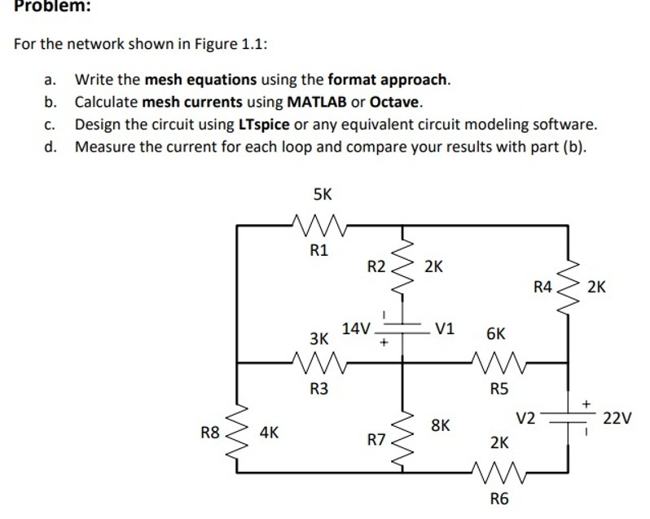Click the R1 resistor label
coord(319,250)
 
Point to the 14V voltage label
coord(357,328)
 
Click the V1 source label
coord(445,329)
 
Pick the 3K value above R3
coord(319,337)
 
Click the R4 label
coord(542,286)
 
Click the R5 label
coord(499,389)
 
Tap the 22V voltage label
coord(617,419)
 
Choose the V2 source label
coord(526,419)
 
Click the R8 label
coord(210,433)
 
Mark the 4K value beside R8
coord(269,433)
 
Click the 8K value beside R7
coord(440,424)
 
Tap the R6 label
coord(499,498)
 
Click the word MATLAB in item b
coord(316,103)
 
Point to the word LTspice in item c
coord(264,125)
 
